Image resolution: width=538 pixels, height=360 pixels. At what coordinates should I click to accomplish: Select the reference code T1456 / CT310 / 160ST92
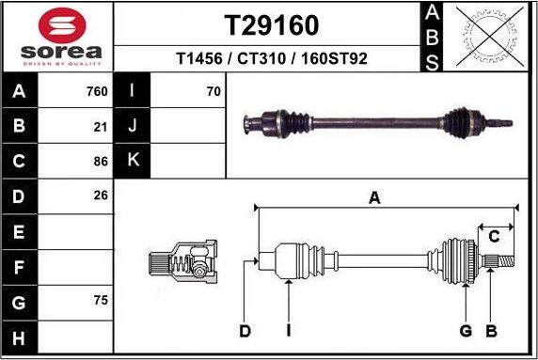tap(271, 58)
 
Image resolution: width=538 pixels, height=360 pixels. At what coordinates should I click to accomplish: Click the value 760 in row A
tap(97, 91)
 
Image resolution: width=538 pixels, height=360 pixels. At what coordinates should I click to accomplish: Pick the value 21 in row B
tap(101, 126)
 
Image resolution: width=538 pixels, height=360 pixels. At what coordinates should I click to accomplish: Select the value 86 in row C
tap(101, 161)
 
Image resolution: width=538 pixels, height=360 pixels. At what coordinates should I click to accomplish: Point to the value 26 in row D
tap(101, 196)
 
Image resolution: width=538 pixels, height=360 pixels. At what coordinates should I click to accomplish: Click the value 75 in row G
tap(101, 301)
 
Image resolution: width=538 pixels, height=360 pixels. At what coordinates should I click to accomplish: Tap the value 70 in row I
tap(214, 91)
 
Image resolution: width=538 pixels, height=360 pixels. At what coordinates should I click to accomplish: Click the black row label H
tap(20, 337)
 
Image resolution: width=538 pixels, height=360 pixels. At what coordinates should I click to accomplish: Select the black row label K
tap(133, 161)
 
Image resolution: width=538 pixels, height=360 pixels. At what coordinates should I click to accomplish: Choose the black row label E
tap(20, 231)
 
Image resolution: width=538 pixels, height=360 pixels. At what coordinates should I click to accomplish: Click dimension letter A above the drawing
tap(374, 197)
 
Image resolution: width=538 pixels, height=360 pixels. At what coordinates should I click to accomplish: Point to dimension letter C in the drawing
tap(493, 237)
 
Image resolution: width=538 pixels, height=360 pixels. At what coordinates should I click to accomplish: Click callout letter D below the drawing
tap(245, 330)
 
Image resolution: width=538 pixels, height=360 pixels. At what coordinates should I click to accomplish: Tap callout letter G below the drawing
tap(466, 330)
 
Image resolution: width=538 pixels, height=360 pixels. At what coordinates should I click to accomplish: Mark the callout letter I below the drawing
tap(289, 330)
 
